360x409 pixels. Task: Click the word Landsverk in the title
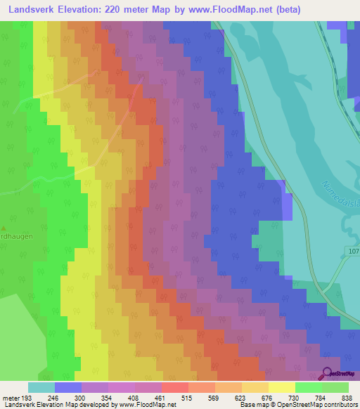(34, 10)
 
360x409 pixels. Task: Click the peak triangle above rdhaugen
(3, 228)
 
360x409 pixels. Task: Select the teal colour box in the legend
(41, 387)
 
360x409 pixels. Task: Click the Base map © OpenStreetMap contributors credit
(297, 405)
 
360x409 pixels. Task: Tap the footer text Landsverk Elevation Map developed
(63, 405)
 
